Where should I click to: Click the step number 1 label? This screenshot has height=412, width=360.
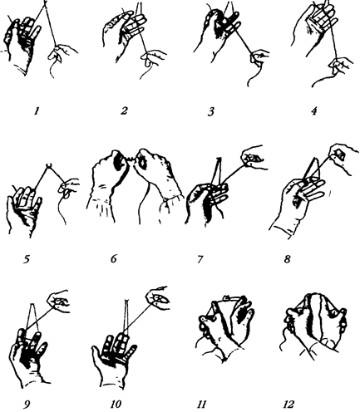(36, 111)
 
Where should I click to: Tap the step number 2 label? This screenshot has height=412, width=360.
(124, 110)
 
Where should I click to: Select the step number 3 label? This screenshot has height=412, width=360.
(211, 112)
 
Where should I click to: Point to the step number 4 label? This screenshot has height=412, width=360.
(313, 111)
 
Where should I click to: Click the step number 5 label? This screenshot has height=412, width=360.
(27, 260)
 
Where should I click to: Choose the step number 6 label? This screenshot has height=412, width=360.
(114, 259)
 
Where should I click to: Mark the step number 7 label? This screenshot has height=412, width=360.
(200, 259)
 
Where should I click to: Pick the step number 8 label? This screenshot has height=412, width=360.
(287, 259)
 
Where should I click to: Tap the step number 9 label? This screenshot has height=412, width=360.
(27, 405)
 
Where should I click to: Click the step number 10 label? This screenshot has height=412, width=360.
(116, 405)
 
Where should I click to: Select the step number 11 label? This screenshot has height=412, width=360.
(201, 405)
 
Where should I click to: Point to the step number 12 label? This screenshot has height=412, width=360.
(288, 405)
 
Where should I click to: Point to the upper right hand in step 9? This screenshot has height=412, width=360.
(59, 302)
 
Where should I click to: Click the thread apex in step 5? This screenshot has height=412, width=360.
(49, 165)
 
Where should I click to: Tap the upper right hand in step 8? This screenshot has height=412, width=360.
(343, 157)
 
